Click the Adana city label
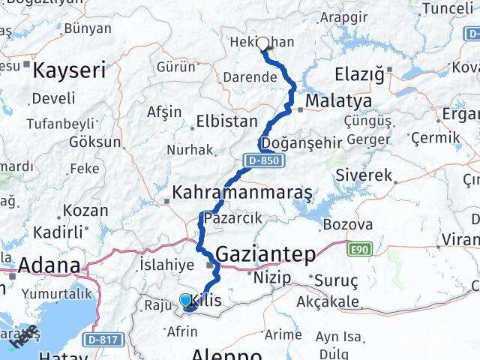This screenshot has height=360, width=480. [x=49, y=265]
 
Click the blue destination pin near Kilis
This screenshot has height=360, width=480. [x=186, y=301]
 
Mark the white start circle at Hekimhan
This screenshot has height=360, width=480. [x=263, y=43]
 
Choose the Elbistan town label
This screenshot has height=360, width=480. [x=226, y=121]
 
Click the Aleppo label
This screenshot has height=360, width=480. [x=226, y=354]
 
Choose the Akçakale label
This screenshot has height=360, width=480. [x=328, y=304]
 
